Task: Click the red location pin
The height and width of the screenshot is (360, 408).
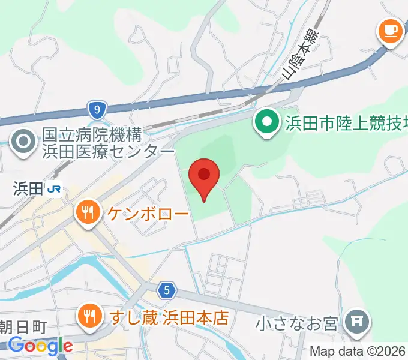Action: pos(204,176)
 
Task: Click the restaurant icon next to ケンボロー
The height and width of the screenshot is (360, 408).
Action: pos(88,212)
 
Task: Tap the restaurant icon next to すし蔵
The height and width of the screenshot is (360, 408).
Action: pos(88,316)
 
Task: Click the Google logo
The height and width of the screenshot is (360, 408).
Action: pos(41,346)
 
